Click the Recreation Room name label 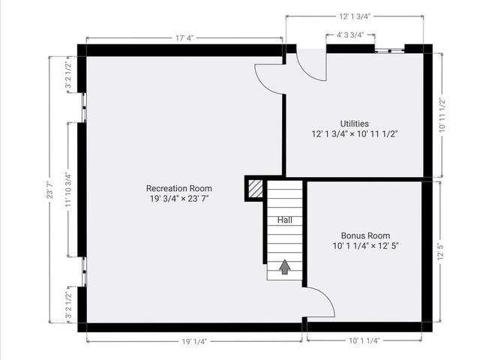click(x=178, y=188)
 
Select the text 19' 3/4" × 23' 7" click(x=178, y=199)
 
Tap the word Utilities click(x=354, y=124)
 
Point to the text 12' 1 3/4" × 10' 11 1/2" click(x=354, y=134)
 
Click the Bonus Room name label click(x=366, y=235)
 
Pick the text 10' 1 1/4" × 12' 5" click(x=366, y=245)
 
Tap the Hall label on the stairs click(x=285, y=220)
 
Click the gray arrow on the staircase click(x=285, y=267)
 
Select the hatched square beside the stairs click(x=256, y=187)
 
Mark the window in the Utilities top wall click(x=389, y=50)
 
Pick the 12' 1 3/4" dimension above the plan click(x=356, y=14)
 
